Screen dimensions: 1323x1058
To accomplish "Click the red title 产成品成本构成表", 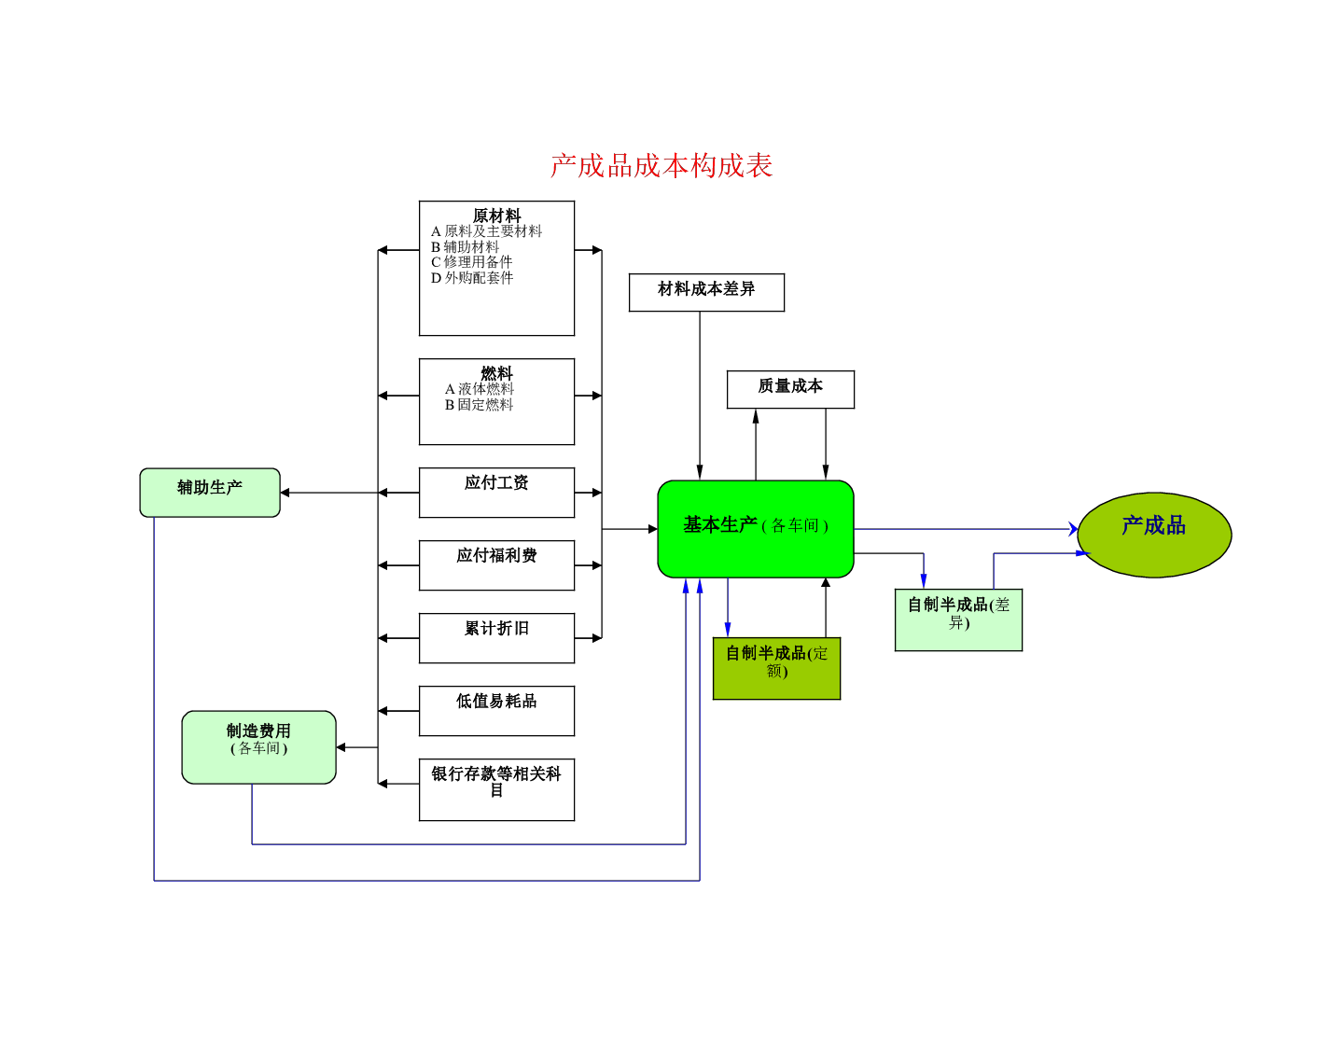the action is point(661,166).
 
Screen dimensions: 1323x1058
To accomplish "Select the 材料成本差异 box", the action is point(706,293).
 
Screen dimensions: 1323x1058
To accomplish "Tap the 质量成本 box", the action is point(790,389).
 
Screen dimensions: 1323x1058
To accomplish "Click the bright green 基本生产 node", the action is point(755,529).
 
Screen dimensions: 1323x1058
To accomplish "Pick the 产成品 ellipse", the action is point(1154,535).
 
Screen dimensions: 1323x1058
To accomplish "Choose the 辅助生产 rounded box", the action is point(210,493).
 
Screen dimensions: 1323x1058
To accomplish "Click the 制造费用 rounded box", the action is point(258,747).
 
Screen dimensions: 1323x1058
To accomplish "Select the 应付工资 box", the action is point(496,493).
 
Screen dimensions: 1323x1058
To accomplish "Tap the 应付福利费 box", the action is point(496,565).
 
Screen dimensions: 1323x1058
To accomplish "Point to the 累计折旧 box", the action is point(496,637).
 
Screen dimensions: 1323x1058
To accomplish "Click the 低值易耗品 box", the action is point(496,711).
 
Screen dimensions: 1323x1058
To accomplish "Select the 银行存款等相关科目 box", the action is point(496,789).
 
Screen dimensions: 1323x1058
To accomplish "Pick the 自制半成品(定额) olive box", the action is point(776,668).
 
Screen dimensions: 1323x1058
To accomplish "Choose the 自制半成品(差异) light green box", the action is point(958,619).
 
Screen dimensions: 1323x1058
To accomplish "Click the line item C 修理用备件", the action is point(471,262).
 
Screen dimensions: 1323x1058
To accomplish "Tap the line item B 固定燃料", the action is point(479,405).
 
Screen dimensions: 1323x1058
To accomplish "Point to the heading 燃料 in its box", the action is point(496,373).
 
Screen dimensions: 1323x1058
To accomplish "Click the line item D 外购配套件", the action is point(472,278).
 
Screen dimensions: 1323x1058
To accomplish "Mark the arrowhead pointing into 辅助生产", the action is point(285,493).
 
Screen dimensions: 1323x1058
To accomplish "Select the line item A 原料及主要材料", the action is point(486,231).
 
